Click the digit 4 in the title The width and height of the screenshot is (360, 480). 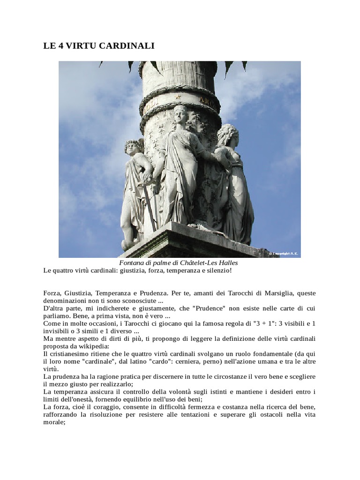(60, 46)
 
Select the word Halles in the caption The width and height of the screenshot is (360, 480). (227, 263)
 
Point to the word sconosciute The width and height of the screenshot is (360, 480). (134, 301)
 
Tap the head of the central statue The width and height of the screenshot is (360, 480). (180, 114)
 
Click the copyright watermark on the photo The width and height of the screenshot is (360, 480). (283, 254)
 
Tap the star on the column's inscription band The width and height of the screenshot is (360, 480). (178, 97)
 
